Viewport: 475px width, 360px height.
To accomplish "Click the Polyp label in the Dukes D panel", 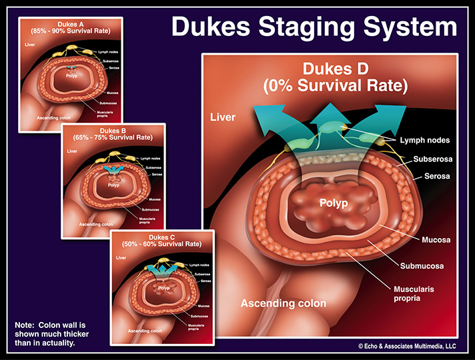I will coord(333,203).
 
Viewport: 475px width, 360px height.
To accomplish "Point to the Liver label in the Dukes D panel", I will coord(223,117).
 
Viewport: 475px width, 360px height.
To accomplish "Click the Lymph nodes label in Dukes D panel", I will coord(424,141).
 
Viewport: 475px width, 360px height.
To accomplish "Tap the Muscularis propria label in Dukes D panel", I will coord(411,293).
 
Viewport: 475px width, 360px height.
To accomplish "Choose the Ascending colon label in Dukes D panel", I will coord(284,303).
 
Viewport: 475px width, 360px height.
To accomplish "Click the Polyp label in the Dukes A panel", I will coord(72,76).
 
